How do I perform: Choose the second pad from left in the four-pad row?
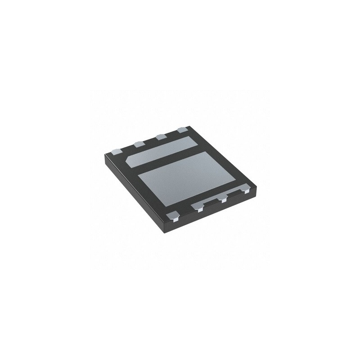click(138, 144)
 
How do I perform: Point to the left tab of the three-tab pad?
click(198, 208)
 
